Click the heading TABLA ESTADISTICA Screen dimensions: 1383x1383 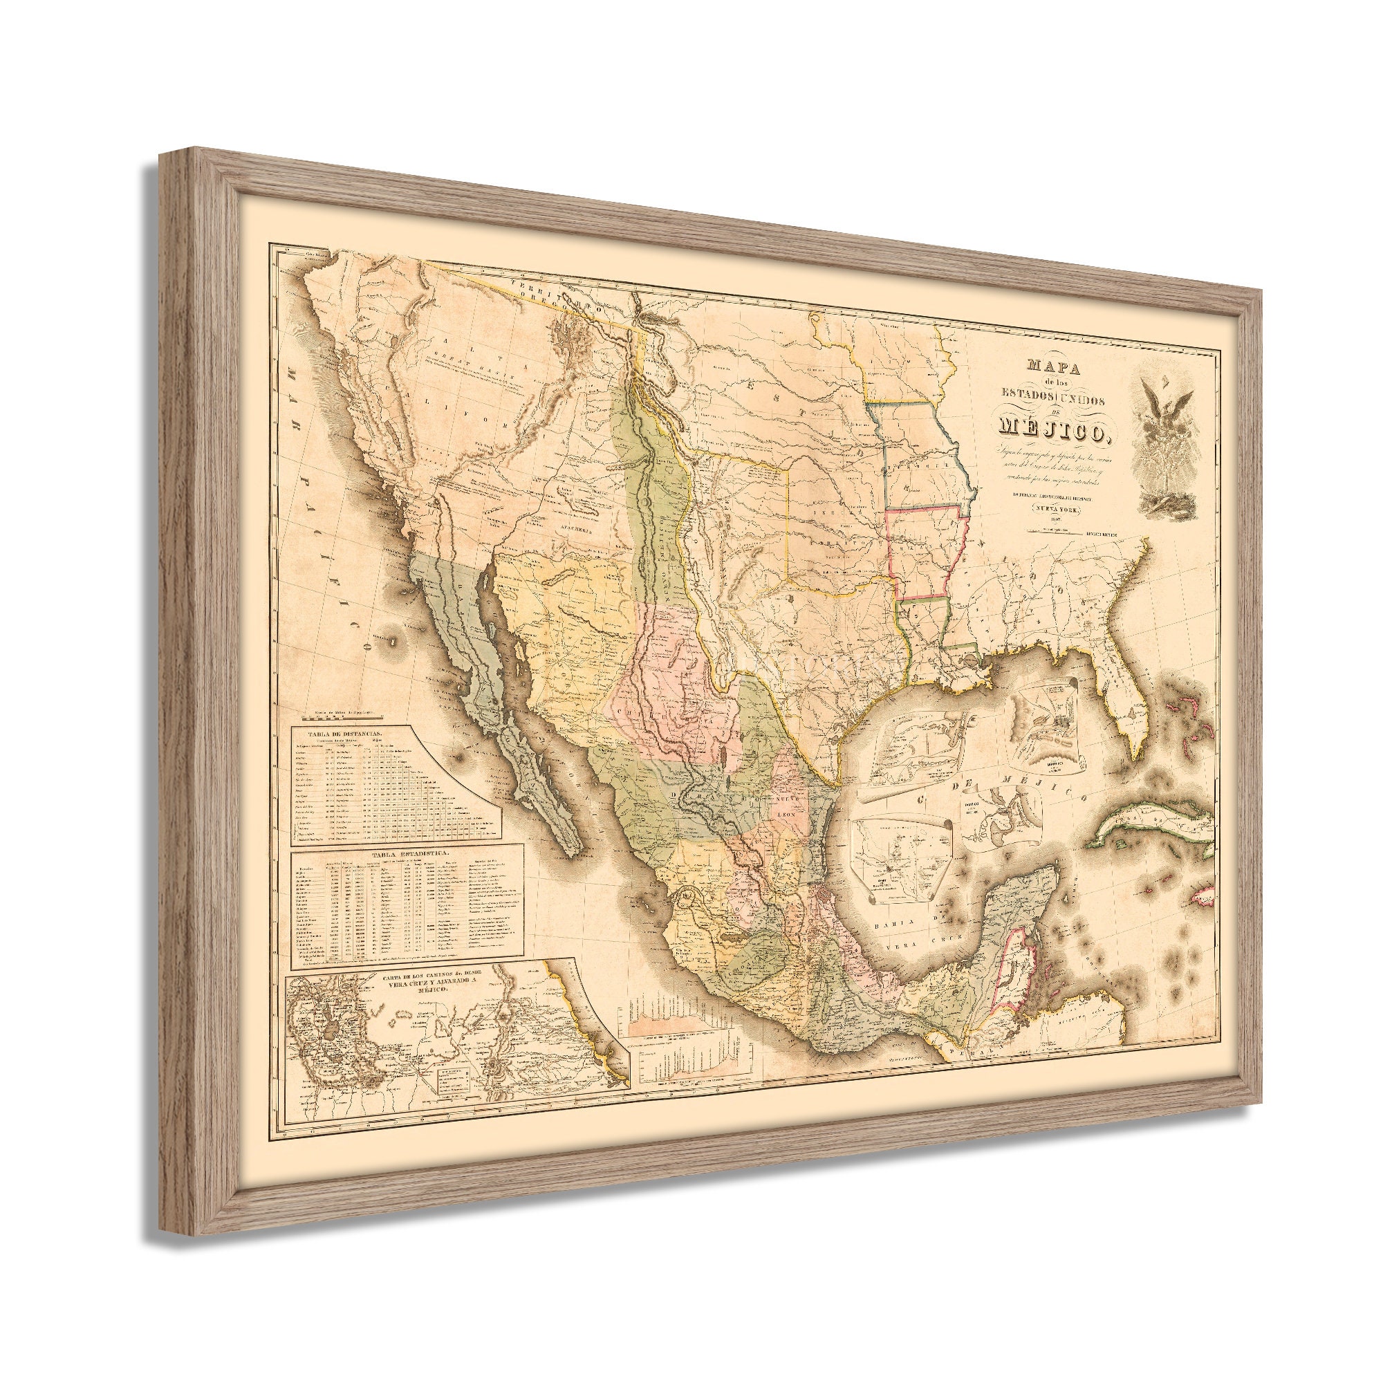[406, 854]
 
